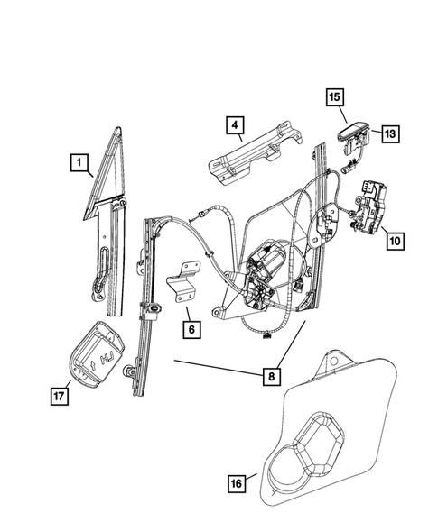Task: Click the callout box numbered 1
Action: click(79, 163)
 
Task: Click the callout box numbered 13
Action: click(390, 134)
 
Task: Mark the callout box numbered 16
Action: click(236, 485)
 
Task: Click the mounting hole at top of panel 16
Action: click(340, 360)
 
